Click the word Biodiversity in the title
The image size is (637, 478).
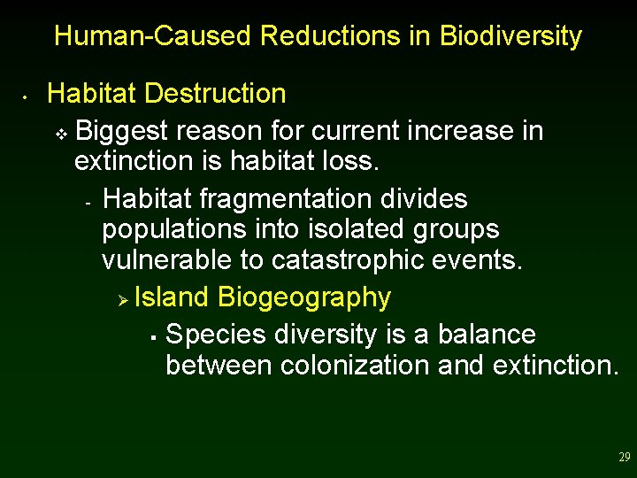(510, 36)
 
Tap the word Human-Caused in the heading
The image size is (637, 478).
(153, 36)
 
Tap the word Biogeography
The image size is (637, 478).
(303, 297)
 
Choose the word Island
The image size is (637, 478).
(173, 297)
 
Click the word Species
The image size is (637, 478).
(217, 335)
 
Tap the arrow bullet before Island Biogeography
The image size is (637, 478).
(124, 299)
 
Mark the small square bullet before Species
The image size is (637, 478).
(153, 337)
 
